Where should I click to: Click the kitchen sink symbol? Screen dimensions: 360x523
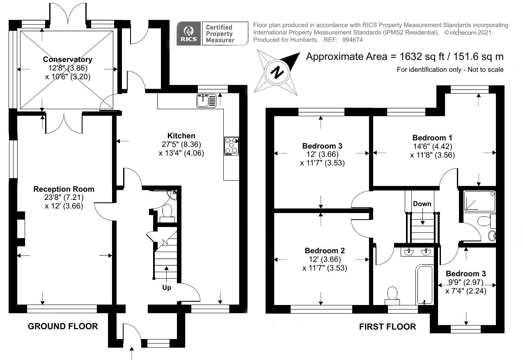coord(206,101)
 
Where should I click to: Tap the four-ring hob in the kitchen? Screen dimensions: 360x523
coord(232,146)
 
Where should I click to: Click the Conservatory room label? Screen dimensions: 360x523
coord(68,60)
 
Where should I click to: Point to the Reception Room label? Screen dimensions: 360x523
coord(64,189)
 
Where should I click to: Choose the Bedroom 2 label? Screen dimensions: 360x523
coord(325,250)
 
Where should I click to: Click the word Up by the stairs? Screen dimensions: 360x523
coord(166,288)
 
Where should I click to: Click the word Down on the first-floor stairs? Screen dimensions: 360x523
coord(422,204)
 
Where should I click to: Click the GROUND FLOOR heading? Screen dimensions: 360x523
coord(63,326)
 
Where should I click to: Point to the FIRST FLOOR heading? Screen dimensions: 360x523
coord(387,327)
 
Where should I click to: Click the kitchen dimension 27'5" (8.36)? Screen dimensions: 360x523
coord(181,144)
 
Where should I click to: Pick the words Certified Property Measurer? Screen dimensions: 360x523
coord(220,34)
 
